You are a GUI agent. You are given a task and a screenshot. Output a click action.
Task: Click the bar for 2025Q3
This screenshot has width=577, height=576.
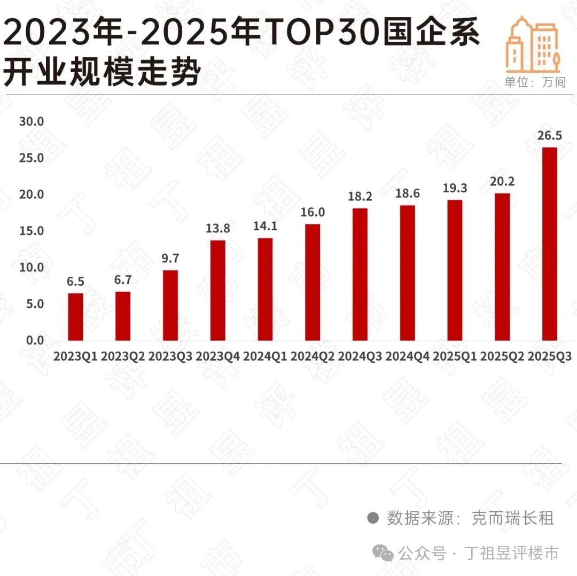[x=550, y=244]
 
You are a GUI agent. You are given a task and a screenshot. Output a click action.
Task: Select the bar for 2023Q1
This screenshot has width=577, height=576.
[x=75, y=317]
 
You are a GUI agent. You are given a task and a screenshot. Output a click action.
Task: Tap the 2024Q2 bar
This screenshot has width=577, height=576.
[x=313, y=282]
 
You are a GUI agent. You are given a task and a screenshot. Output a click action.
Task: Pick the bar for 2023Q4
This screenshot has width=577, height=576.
[x=218, y=291]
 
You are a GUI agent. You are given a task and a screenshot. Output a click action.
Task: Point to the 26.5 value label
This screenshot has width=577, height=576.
[x=549, y=136]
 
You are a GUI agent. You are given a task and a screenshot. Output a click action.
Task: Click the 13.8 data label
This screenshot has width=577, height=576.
[x=217, y=229]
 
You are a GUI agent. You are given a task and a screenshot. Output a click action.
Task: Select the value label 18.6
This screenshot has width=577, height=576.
[x=407, y=194]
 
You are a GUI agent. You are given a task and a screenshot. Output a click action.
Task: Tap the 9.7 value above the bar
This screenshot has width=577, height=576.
[x=170, y=259]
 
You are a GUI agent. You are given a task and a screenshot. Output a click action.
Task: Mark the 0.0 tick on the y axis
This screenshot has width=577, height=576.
[x=34, y=340]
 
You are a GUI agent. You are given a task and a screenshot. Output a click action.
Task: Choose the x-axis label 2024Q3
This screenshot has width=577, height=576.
[x=360, y=356]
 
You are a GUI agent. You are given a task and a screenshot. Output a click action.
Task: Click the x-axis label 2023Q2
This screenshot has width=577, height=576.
[x=123, y=356]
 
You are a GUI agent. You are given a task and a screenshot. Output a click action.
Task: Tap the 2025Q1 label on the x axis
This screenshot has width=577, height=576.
[x=455, y=356]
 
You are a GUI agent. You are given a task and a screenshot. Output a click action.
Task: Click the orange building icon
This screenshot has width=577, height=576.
[x=532, y=45]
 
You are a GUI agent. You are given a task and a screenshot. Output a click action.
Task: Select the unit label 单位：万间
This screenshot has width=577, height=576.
[x=535, y=82]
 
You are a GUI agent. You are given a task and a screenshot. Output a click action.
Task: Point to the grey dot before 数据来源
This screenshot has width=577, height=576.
[x=373, y=518]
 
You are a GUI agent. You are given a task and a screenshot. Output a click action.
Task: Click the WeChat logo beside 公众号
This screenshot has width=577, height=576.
[x=384, y=553]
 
